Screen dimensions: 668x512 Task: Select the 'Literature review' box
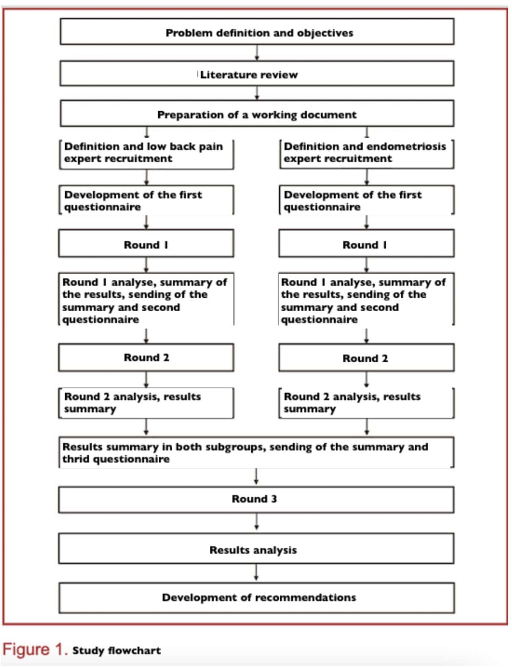257,74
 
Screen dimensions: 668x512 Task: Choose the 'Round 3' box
256,499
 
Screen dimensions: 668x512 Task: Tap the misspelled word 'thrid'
76,459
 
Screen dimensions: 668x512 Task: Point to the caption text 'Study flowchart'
116,650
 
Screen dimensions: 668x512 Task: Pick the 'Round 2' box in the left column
146,358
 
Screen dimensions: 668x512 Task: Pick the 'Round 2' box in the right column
366,358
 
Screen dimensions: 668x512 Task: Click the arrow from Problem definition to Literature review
257,52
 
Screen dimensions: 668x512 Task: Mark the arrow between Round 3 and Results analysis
256,522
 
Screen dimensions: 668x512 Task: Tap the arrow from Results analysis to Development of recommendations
256,572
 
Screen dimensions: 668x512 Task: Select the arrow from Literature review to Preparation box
257,93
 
